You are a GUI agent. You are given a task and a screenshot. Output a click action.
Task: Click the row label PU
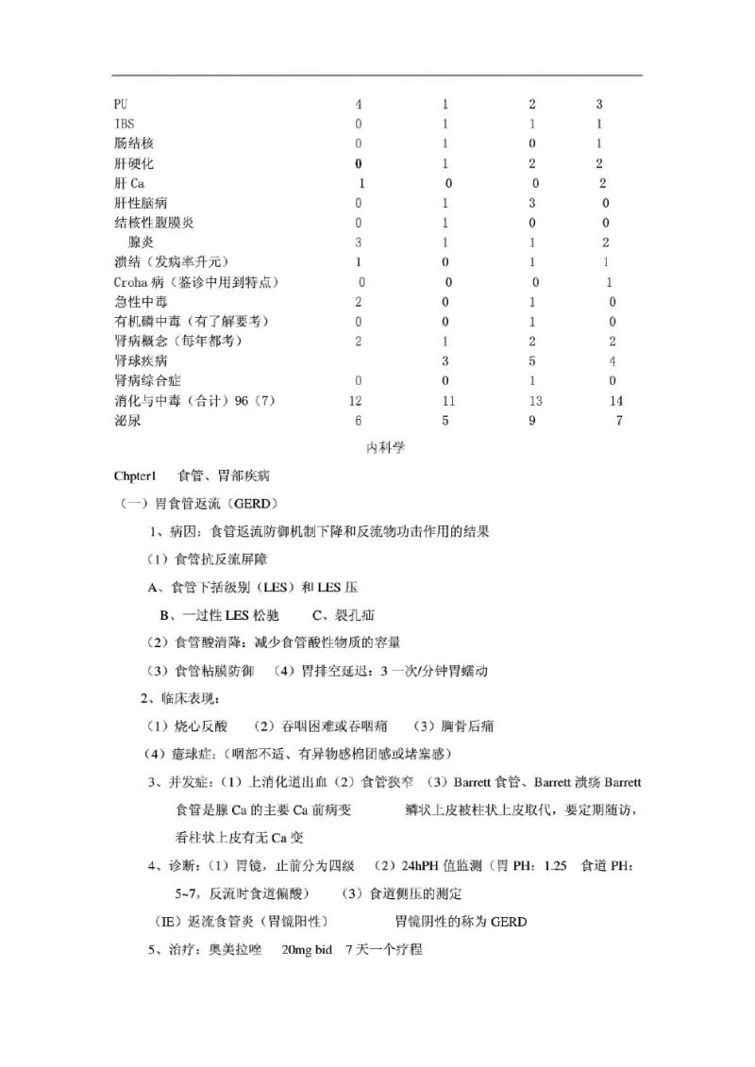120,104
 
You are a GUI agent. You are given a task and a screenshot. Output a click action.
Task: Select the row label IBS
123,124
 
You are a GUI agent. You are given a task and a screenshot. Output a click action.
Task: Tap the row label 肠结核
132,143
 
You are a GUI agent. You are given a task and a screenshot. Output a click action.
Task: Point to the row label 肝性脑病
141,203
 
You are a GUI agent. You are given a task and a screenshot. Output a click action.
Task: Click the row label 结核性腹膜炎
155,223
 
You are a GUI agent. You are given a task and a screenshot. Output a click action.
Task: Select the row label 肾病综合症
147,380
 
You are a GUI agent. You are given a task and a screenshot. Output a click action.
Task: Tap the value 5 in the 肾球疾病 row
532,360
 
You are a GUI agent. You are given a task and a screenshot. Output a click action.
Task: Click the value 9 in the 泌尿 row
532,421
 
